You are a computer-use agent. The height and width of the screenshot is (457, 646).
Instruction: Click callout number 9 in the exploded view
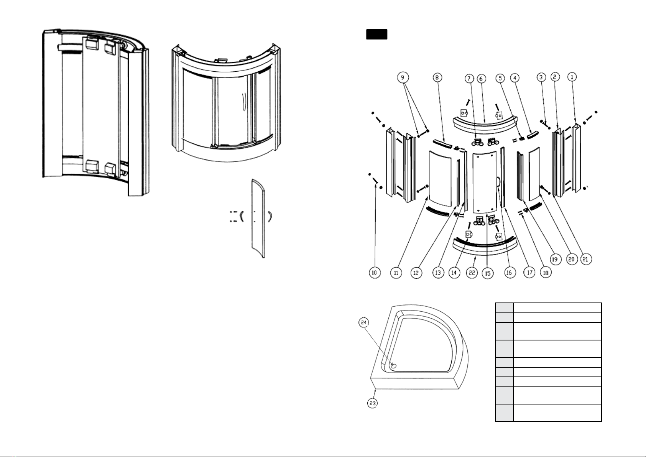click(403, 77)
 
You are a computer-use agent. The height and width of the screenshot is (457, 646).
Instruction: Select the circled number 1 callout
click(572, 77)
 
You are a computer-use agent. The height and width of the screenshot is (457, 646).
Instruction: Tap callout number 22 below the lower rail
click(472, 273)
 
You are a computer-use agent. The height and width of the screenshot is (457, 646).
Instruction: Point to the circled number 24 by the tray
click(364, 322)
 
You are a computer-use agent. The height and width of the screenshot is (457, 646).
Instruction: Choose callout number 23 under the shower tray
click(373, 403)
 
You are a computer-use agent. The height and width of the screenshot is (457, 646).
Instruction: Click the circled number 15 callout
click(488, 273)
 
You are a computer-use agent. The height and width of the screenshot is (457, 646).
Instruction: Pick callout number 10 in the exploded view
click(375, 273)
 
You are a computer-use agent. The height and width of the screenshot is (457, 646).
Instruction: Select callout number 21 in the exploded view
click(586, 259)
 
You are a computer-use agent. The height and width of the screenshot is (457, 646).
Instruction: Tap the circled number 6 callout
click(481, 79)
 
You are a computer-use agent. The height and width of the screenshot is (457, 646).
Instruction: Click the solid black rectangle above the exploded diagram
click(376, 34)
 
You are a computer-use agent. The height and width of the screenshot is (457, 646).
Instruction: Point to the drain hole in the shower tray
click(394, 366)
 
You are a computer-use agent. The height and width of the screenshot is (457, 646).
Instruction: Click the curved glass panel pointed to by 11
click(440, 179)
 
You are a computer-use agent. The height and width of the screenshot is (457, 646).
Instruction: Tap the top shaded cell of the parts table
click(504, 307)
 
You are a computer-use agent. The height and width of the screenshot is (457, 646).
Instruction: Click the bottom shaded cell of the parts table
click(504, 413)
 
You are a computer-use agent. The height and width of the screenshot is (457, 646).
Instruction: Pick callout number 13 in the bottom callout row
click(438, 273)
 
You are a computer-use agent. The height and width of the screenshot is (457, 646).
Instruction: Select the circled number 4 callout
click(514, 77)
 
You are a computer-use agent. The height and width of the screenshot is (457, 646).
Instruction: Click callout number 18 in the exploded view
click(545, 273)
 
